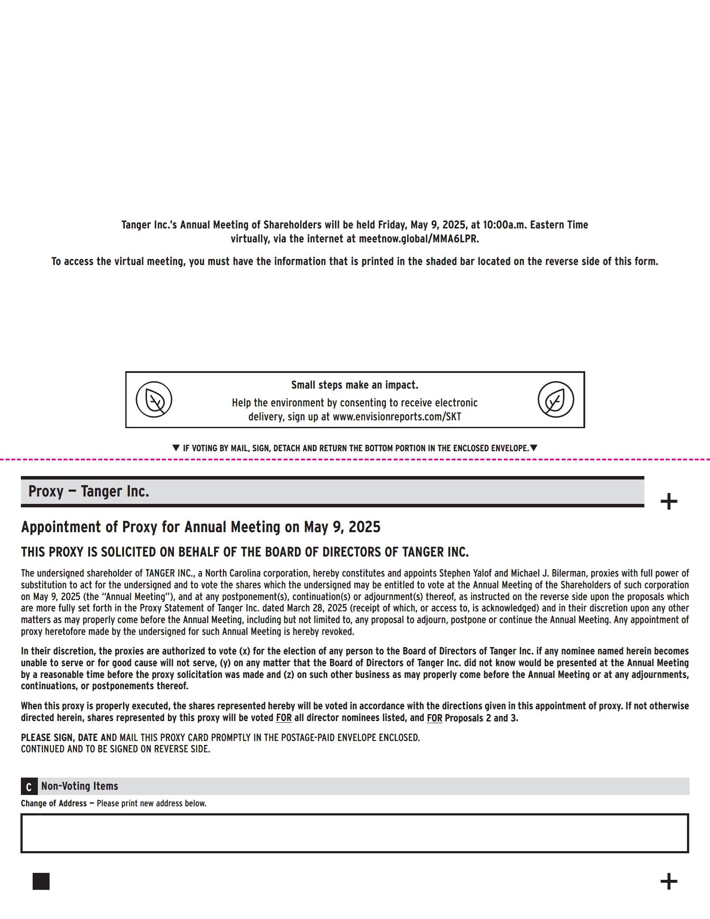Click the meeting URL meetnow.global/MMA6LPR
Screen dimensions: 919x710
coord(419,239)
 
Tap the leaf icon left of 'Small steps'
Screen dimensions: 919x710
coord(154,399)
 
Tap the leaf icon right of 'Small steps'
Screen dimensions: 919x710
coord(556,399)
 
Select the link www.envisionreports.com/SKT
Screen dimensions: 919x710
coord(397,417)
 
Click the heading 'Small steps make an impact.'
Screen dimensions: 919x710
coord(355,385)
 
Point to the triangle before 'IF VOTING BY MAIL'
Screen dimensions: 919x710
coord(176,448)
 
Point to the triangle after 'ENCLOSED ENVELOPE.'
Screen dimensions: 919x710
coord(534,448)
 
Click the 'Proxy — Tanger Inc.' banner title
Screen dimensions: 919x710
coord(89,491)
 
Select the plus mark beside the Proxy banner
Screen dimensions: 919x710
coord(669,502)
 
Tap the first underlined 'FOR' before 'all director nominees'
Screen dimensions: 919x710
coord(284,718)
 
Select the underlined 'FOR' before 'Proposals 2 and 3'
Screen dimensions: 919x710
coord(434,718)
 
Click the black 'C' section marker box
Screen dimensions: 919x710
coord(29,787)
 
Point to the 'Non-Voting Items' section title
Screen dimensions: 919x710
coord(80,786)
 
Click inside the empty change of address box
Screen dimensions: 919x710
coord(355,833)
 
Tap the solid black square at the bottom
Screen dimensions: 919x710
coord(41,882)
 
